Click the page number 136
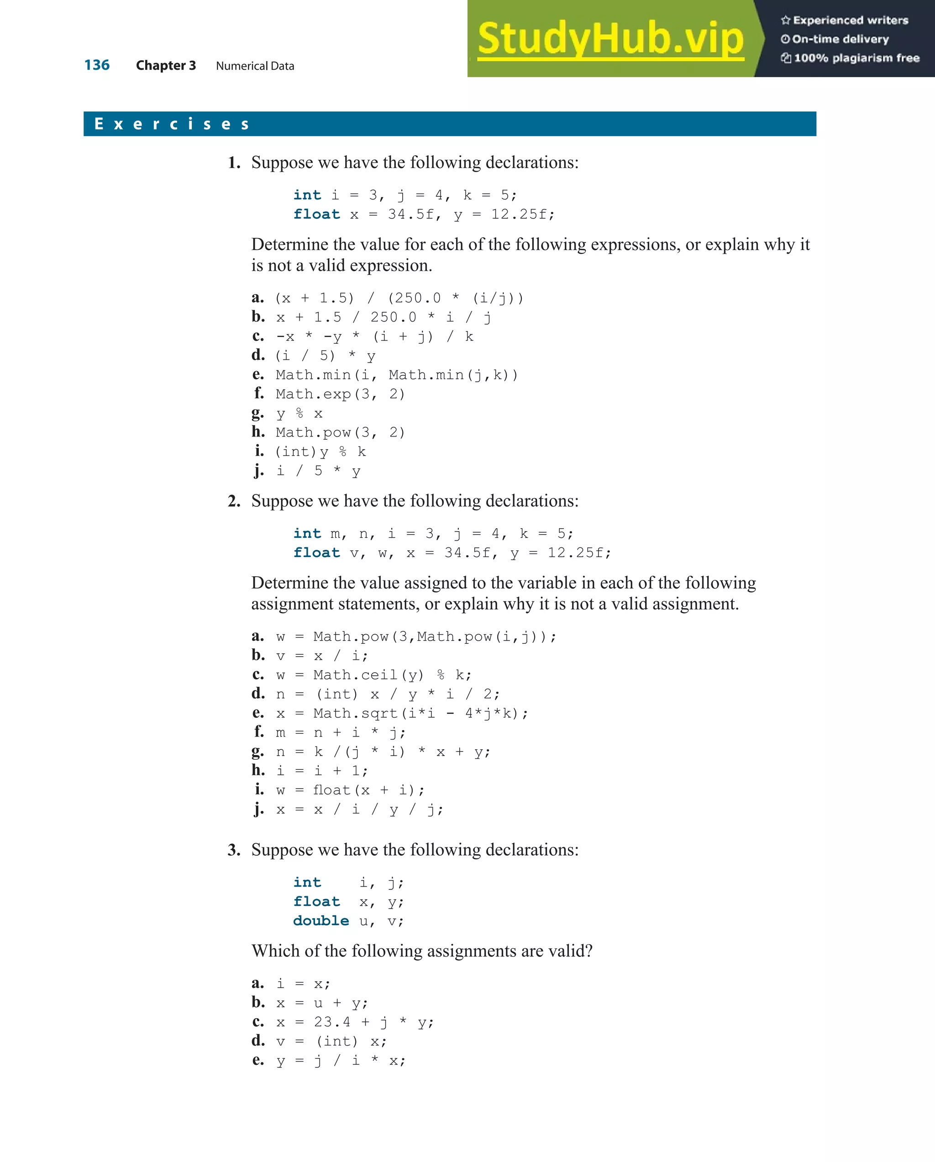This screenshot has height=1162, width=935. click(97, 65)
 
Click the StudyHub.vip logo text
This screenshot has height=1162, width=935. click(610, 39)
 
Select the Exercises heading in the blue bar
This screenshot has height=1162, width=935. click(171, 124)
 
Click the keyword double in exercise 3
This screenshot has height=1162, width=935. click(320, 920)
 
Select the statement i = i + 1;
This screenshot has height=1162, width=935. click(322, 771)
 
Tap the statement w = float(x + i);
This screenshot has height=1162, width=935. click(350, 790)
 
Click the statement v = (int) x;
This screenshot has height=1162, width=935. click(331, 1041)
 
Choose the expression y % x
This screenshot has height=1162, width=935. click(299, 413)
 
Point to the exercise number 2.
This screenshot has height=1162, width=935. click(234, 501)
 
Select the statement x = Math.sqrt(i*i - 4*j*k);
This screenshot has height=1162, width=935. click(402, 713)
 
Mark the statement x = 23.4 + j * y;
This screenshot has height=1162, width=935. click(355, 1022)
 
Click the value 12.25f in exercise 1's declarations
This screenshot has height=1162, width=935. click(522, 215)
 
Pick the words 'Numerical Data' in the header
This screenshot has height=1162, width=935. click(255, 66)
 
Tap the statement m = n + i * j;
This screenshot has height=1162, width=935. click(341, 732)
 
